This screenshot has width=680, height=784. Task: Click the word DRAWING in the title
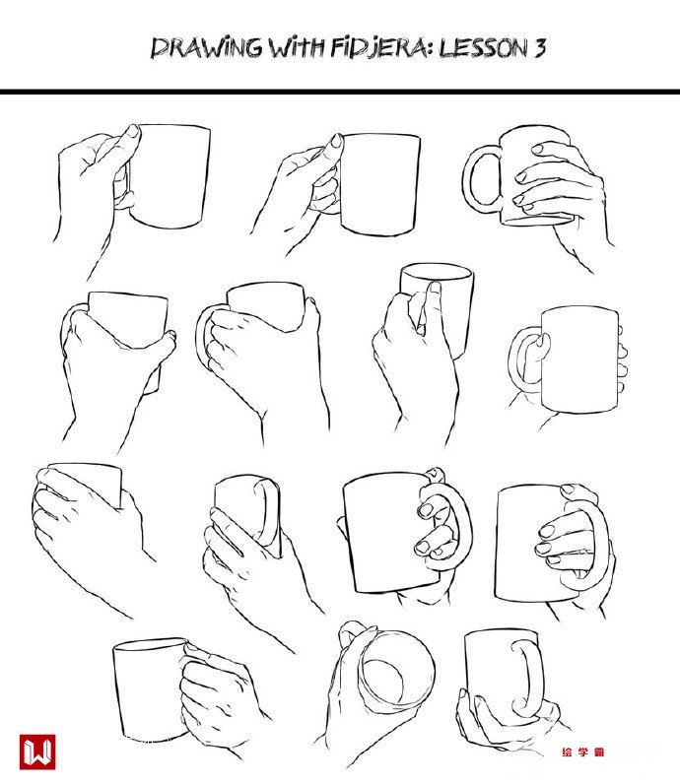[206, 47]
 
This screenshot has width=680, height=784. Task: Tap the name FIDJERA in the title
[378, 48]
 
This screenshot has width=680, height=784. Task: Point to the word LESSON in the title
[484, 48]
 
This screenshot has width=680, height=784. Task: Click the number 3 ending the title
[539, 47]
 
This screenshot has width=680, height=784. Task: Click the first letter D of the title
[161, 48]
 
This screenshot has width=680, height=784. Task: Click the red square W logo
[37, 751]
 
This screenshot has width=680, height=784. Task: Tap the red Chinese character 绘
[567, 751]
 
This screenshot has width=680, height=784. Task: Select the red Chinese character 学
[583, 751]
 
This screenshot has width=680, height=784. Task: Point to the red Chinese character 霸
[599, 751]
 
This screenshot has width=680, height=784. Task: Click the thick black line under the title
[340, 92]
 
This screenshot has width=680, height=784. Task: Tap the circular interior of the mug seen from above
[384, 681]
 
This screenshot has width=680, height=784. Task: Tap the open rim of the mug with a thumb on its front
[437, 273]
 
